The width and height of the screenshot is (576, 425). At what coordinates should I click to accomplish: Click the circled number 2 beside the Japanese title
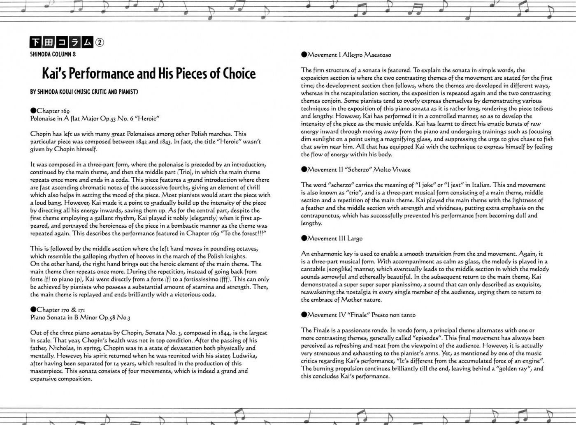pyautogui.click(x=100, y=42)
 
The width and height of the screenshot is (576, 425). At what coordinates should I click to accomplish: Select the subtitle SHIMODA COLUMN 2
pyautogui.click(x=53, y=54)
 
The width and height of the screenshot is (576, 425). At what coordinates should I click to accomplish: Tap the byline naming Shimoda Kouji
pyautogui.click(x=84, y=92)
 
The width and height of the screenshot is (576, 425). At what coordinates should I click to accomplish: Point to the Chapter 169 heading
pyautogui.click(x=50, y=111)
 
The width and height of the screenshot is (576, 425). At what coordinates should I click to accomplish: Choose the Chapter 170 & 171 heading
pyautogui.click(x=58, y=310)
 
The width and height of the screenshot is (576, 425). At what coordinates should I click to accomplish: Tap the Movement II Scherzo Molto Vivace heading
pyautogui.click(x=355, y=169)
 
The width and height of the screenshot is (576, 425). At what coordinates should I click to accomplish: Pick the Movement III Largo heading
pyautogui.click(x=332, y=238)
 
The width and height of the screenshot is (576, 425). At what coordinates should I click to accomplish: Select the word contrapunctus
pyautogui.click(x=320, y=215)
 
